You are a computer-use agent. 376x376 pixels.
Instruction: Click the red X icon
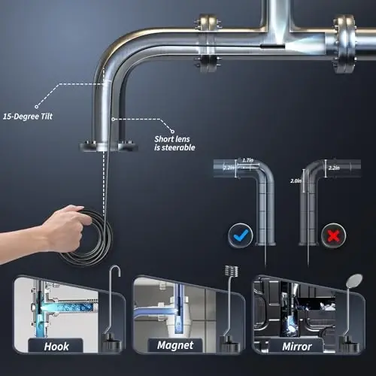(332, 236)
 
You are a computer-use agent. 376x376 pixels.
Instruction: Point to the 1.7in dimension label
(248, 160)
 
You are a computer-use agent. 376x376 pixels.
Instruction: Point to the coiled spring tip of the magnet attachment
(229, 271)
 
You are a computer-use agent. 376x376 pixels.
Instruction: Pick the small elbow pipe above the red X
(320, 188)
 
